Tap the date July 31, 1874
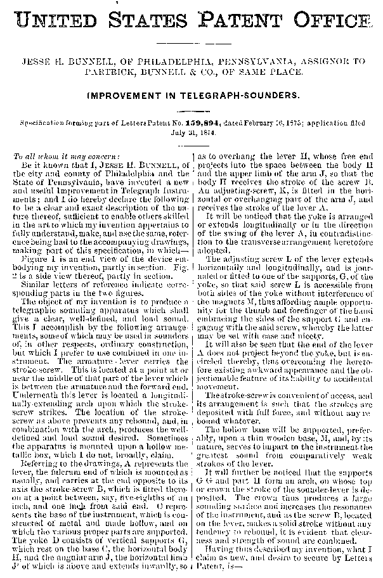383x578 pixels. pos(191,133)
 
